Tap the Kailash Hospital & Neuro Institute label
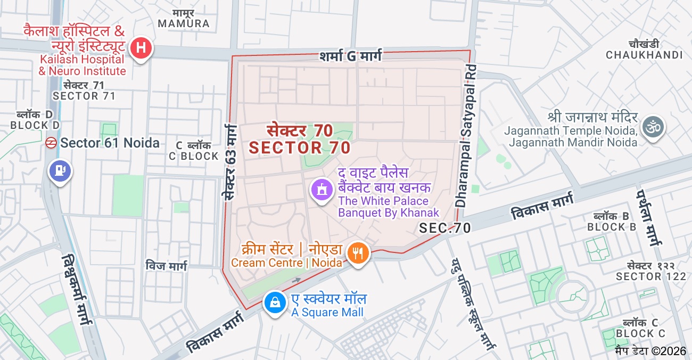coord(82,65)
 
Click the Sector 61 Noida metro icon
coord(51,143)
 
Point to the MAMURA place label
coord(184,23)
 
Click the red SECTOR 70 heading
coord(300,147)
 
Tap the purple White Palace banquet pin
coord(321,190)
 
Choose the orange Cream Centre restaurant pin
coord(358,252)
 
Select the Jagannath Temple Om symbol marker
coord(653,128)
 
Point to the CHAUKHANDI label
coord(644,55)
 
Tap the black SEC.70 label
coord(444,228)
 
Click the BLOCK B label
coord(612,227)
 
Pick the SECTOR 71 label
coord(84,96)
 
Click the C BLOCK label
coord(194,156)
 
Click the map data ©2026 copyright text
coord(650,351)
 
